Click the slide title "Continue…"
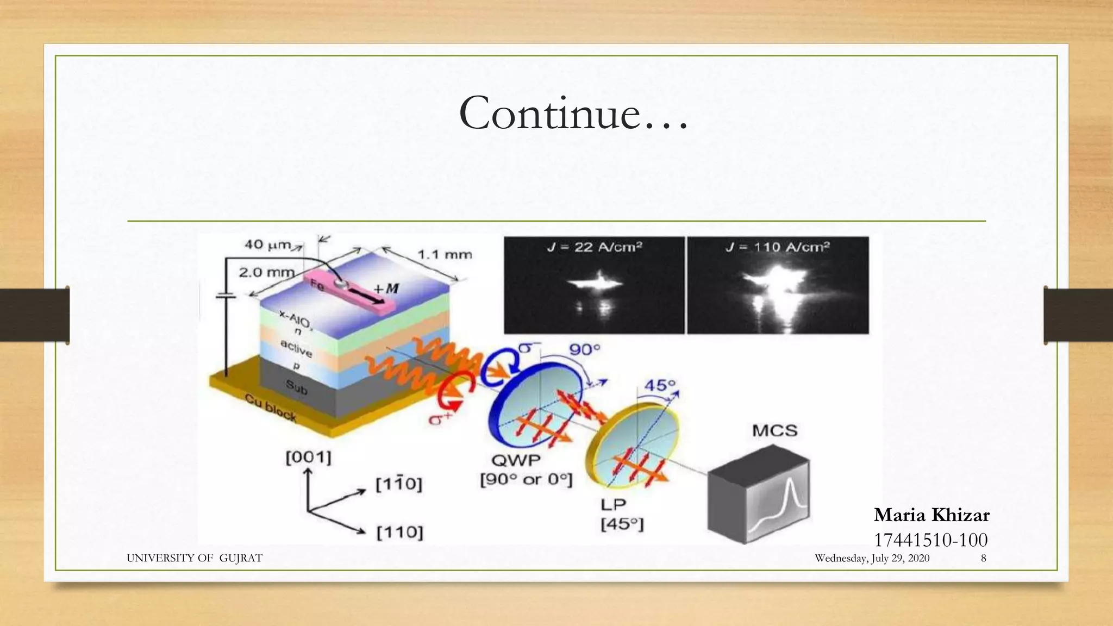573,114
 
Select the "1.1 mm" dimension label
445,254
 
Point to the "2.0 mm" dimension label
266,272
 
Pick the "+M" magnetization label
386,288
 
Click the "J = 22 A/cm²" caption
594,247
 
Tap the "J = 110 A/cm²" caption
777,247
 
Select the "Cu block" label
271,407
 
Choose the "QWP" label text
516,461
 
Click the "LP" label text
614,505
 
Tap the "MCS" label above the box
774,431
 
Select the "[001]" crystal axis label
308,458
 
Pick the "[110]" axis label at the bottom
399,532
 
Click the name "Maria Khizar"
931,515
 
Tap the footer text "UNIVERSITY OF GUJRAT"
194,558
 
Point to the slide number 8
983,558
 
